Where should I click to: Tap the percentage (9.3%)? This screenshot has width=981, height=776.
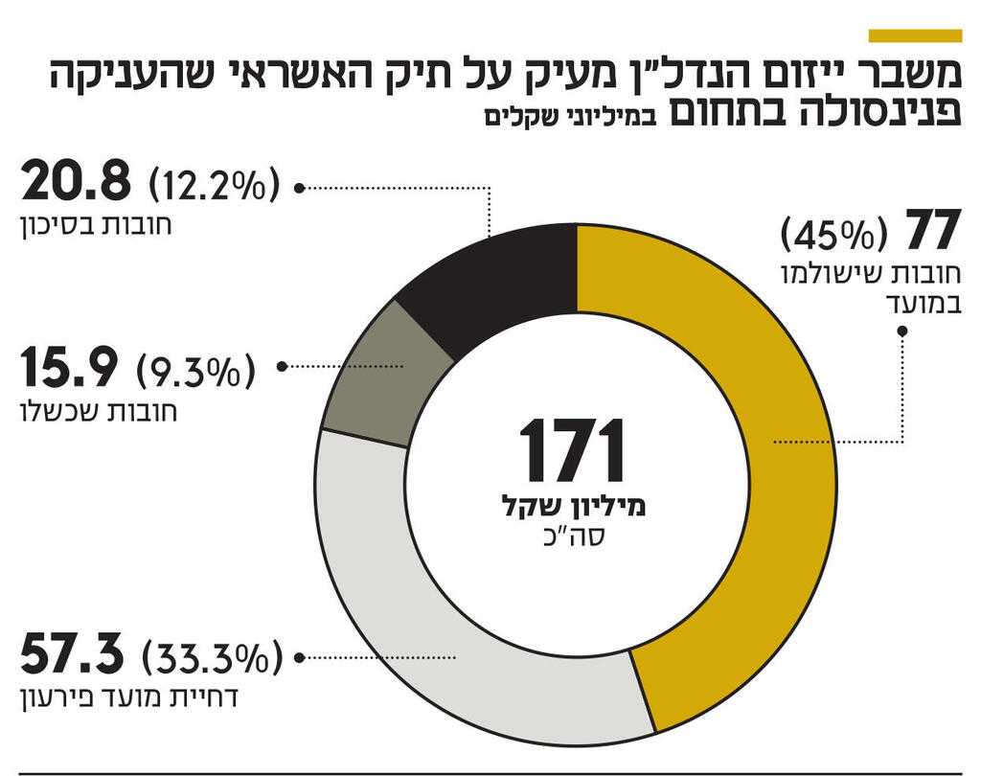(x=197, y=369)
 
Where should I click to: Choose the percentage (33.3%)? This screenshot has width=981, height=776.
(x=212, y=658)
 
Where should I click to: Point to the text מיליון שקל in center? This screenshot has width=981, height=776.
(x=574, y=508)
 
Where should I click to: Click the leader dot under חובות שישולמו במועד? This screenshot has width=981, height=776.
(x=902, y=331)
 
